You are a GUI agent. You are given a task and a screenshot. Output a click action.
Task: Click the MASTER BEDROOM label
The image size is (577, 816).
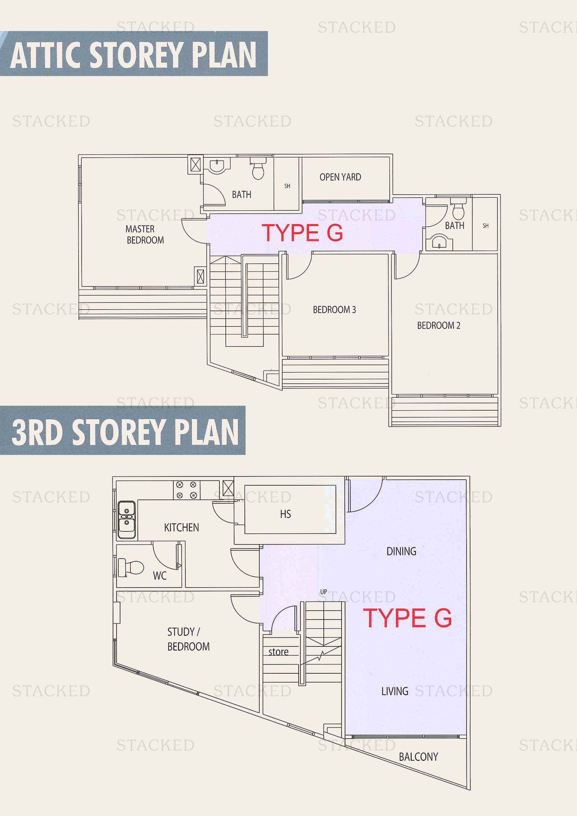145,234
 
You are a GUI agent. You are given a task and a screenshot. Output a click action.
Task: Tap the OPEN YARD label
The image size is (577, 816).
340,177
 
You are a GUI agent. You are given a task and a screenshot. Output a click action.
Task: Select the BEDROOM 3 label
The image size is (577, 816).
334,309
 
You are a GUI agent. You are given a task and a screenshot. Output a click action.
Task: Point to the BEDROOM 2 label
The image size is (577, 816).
439,325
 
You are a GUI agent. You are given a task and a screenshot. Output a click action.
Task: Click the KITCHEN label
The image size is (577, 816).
181,527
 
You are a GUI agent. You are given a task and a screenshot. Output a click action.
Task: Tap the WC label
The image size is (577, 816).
159,576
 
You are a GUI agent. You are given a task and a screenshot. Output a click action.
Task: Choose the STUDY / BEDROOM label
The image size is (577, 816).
188,639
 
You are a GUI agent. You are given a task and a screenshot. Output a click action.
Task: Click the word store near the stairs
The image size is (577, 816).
278,652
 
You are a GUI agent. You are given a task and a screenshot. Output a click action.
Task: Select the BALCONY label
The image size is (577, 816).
418,757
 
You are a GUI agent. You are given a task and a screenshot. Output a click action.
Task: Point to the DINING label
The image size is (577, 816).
401,551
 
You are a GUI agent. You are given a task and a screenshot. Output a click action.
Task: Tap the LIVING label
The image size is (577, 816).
395,691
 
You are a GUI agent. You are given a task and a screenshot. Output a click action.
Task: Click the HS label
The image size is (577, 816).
285,514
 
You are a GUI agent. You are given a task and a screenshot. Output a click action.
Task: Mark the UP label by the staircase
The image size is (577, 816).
323,592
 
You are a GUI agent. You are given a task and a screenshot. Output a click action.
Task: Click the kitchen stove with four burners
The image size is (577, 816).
187,490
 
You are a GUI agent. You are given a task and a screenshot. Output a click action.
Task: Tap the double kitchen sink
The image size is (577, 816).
127,519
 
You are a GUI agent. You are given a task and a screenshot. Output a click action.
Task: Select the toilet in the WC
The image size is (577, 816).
131,568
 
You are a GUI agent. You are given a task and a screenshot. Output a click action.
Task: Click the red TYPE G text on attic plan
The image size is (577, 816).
302,233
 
